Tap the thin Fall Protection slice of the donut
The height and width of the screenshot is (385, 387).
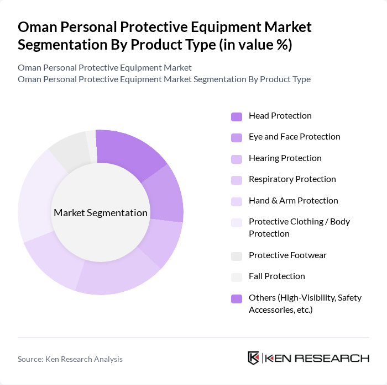[91, 146]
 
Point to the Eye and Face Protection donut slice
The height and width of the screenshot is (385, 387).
[164, 193]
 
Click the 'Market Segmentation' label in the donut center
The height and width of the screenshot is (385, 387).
[101, 213]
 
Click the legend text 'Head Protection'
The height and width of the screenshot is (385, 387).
[280, 116]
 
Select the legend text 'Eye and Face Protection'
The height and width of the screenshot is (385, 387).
[294, 137]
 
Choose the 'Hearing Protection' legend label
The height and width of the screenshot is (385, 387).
[285, 158]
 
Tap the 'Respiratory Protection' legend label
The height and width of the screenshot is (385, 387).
[292, 179]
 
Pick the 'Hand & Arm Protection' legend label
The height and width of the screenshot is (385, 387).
[293, 201]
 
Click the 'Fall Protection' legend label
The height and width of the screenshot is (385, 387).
[276, 276]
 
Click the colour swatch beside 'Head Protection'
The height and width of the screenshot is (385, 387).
[237, 116]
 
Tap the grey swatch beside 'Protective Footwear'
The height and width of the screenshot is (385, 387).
[237, 256]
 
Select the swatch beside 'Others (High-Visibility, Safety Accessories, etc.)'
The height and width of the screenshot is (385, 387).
[237, 298]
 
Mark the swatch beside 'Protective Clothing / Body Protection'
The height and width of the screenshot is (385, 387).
[237, 222]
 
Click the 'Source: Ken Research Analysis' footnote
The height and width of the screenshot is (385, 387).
[70, 359]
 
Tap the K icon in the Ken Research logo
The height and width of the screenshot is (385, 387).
[254, 358]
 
